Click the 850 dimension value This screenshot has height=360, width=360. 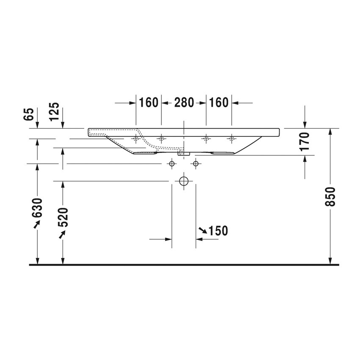click(x=332, y=197)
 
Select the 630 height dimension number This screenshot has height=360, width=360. click(x=38, y=208)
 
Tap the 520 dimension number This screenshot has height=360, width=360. click(x=63, y=218)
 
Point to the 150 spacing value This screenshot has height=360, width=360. click(x=219, y=231)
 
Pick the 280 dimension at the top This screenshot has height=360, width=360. click(x=184, y=102)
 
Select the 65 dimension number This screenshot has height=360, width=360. click(x=29, y=114)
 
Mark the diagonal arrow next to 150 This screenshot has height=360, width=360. click(x=203, y=230)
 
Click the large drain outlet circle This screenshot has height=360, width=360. click(x=184, y=181)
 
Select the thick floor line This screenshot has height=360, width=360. click(x=184, y=265)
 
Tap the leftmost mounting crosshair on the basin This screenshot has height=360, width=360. click(x=136, y=138)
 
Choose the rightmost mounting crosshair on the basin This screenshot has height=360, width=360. click(x=231, y=138)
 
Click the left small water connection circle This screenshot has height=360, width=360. click(x=172, y=163)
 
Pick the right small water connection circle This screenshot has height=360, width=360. click(x=196, y=163)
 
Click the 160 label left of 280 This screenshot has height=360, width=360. click(x=148, y=102)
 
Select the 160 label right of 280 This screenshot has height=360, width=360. click(x=219, y=102)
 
